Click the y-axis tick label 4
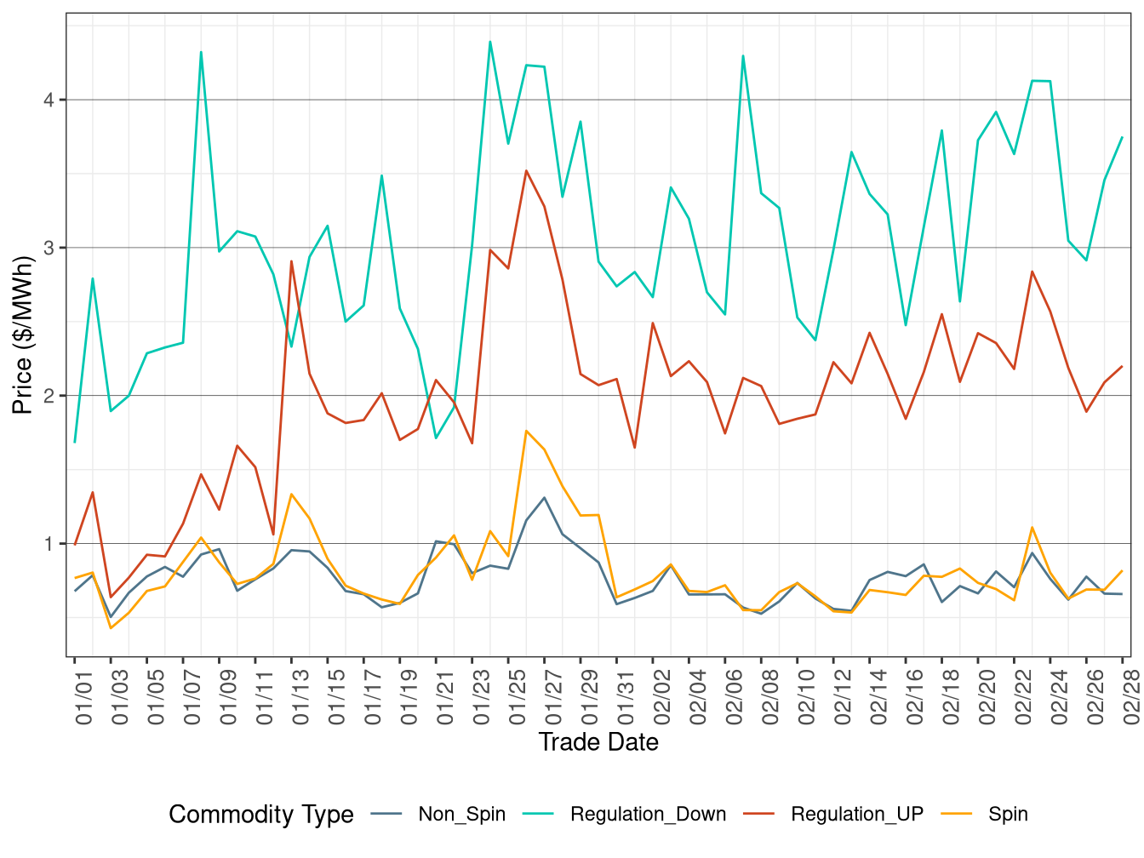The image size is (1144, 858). point(49,100)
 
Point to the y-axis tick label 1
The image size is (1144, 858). point(49,544)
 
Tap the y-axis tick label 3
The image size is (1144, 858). point(49,248)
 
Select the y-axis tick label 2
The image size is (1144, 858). point(49,396)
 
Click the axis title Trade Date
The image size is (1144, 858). point(598,742)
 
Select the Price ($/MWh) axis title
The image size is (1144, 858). point(23,335)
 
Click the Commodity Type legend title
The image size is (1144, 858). point(260,815)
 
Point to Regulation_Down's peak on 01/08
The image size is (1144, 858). point(201,52)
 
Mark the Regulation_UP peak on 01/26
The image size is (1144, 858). point(526,171)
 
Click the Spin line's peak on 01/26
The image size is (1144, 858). point(526,431)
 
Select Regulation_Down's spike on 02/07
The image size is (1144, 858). point(743,56)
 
